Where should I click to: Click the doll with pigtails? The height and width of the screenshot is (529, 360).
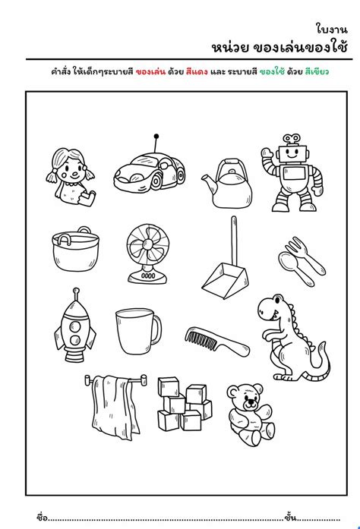click(71, 175)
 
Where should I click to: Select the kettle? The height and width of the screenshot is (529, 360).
click(226, 184)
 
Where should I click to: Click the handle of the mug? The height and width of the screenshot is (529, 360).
click(157, 329)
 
